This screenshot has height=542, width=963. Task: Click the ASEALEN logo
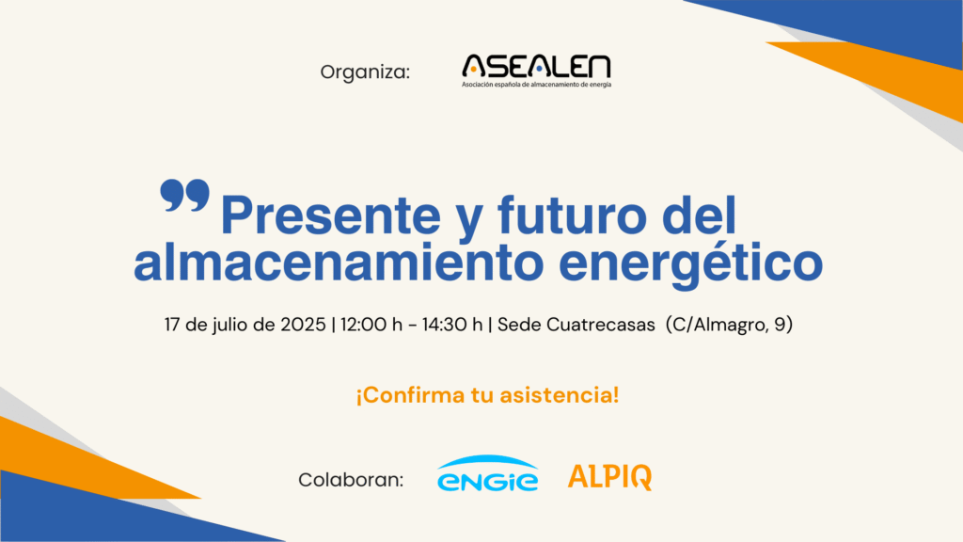(x=536, y=71)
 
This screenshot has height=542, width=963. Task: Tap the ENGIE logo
(x=488, y=473)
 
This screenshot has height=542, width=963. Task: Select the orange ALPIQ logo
(x=609, y=477)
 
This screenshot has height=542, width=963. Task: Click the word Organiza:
(x=365, y=72)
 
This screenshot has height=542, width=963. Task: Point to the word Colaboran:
(x=351, y=479)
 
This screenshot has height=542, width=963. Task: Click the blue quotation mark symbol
(x=184, y=196)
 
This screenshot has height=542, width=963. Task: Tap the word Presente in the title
(x=330, y=215)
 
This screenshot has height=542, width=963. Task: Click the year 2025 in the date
(x=303, y=324)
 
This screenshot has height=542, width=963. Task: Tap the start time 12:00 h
(x=371, y=324)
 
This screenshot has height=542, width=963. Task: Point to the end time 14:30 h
(x=452, y=324)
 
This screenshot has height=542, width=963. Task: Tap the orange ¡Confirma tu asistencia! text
(x=488, y=394)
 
